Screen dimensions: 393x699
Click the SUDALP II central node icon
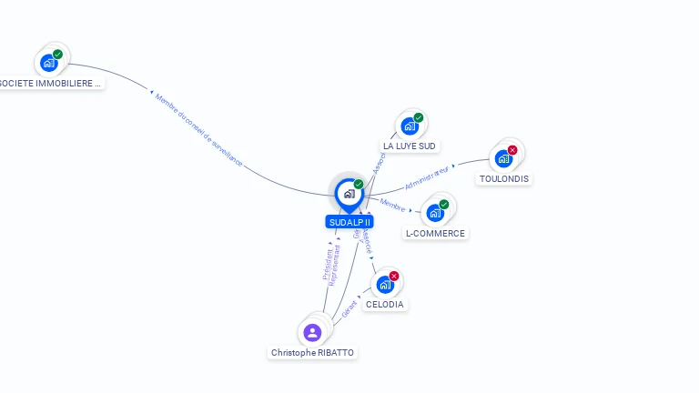point(349,193)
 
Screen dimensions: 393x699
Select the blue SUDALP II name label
point(349,222)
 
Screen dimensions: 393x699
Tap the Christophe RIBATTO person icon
point(312,332)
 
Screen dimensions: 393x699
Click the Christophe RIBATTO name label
point(313,352)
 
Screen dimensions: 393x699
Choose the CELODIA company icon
point(384,285)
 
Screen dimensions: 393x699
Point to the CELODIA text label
point(384,305)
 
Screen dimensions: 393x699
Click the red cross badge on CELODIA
point(394,276)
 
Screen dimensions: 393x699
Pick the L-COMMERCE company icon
point(434,214)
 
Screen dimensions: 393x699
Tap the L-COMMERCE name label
point(435,234)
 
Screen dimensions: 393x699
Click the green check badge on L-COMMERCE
point(444,205)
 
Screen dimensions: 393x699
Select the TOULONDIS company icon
point(502,159)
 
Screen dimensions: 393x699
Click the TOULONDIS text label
point(504,179)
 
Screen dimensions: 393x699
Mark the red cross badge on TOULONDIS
point(512,150)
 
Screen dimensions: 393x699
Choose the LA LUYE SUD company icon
point(409,126)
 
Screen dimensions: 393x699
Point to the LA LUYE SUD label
point(410,146)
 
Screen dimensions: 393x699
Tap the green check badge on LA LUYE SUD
point(419,117)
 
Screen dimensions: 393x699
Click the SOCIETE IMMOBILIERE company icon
point(48,64)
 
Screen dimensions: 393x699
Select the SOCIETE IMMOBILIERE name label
point(50,83)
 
